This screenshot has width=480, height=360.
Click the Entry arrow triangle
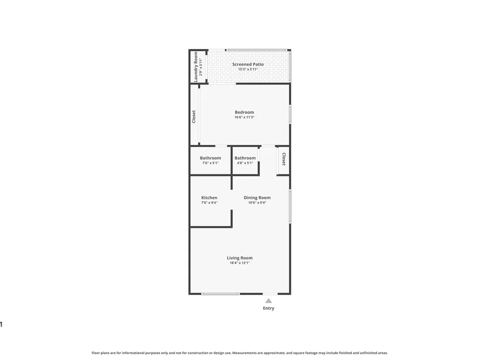268,300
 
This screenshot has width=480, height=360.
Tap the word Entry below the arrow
268,308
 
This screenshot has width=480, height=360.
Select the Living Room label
240,258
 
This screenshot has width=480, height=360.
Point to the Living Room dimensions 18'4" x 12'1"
240,263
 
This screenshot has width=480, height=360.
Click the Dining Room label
257,197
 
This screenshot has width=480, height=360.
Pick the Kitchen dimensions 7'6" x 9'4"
209,203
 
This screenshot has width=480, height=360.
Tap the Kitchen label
209,197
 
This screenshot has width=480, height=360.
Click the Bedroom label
244,112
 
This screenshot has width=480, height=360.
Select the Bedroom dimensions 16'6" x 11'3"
244,117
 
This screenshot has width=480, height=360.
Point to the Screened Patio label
248,64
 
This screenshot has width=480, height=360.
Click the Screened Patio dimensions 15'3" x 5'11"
248,69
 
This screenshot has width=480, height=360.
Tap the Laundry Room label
196,67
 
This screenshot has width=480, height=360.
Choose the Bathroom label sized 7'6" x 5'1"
210,158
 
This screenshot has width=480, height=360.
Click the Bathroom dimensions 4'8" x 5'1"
245,163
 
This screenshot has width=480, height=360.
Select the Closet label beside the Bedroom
194,117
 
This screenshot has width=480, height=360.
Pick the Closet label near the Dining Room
284,159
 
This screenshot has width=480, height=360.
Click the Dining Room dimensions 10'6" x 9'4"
257,203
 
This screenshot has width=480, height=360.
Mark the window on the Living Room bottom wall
220,294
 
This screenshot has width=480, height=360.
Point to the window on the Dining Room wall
290,206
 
